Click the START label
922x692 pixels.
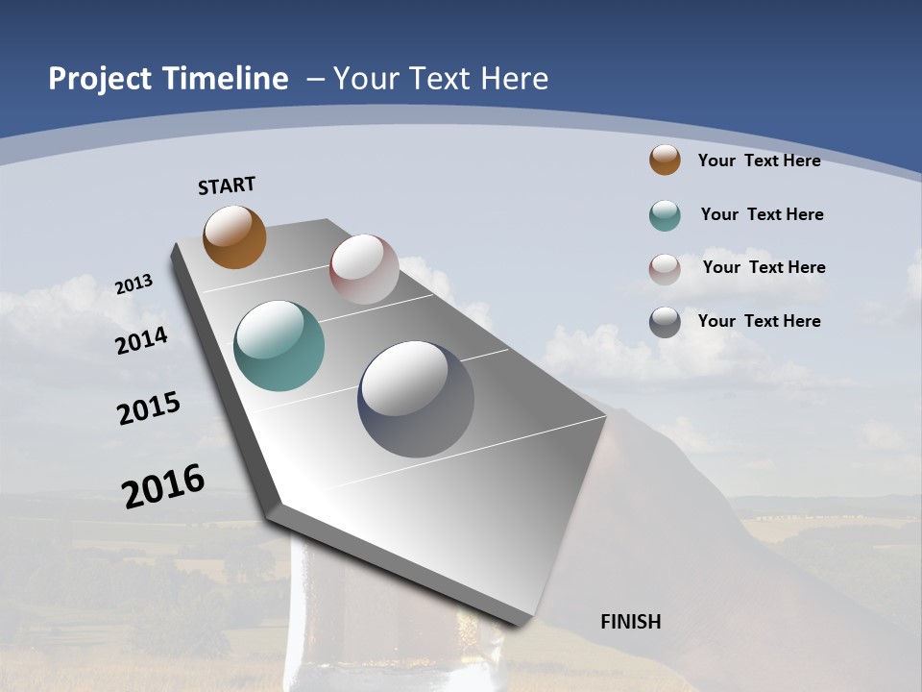[x=227, y=185]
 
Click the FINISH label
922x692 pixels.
[x=631, y=622]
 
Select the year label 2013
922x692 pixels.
[x=134, y=285]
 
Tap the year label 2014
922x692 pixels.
[x=142, y=340]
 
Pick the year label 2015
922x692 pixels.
[x=149, y=408]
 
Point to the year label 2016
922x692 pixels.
[x=163, y=485]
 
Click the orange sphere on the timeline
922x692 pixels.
[x=234, y=237]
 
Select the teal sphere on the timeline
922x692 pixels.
[x=279, y=346]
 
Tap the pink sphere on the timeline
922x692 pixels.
[x=364, y=269]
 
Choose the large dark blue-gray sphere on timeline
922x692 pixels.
[x=416, y=399]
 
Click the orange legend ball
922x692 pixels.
[x=665, y=160]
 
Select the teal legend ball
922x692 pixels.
[x=665, y=215]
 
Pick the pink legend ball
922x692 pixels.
[x=665, y=268]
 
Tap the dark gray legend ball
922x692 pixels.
[x=665, y=322]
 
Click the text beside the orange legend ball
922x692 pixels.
[x=759, y=161]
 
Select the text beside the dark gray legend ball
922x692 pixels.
[x=759, y=321]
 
